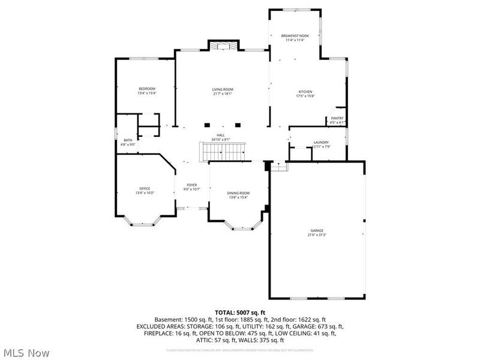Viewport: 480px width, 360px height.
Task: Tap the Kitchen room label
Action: [306, 92]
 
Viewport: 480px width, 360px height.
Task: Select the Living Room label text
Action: [222, 89]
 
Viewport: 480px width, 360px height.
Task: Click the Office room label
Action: [145, 188]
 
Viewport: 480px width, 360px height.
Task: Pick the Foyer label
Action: [191, 185]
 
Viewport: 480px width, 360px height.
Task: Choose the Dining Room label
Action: [238, 193]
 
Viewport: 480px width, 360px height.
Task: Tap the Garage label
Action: [317, 230]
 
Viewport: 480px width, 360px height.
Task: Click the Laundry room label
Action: [321, 142]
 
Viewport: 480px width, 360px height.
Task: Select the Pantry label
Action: [337, 118]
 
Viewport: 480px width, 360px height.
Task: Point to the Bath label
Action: [128, 140]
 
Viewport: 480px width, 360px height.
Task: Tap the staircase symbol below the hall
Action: [223, 152]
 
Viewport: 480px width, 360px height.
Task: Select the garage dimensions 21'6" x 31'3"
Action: [317, 235]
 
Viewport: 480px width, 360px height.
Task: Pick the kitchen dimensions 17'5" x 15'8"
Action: [306, 96]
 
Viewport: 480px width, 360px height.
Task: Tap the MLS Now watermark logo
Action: [26, 353]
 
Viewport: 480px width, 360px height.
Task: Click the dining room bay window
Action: [243, 227]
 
